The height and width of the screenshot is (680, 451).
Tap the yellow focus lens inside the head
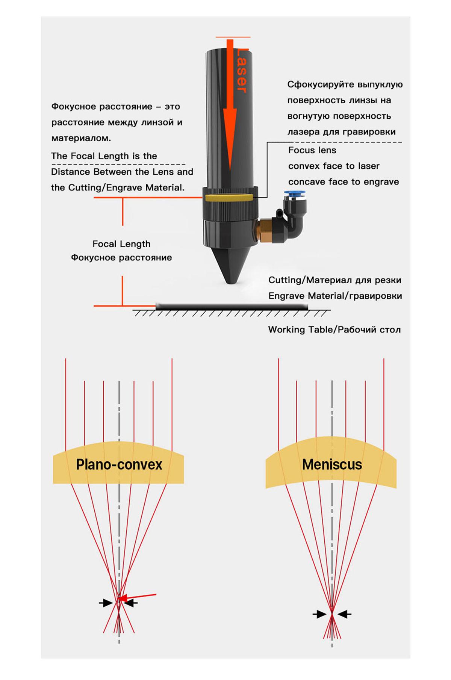(228, 198)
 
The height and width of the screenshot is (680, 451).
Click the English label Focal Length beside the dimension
(121, 244)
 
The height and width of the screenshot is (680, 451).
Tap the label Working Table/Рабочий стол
(334, 330)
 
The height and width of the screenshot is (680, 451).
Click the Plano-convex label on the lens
(119, 465)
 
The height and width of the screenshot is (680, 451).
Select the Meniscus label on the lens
(332, 465)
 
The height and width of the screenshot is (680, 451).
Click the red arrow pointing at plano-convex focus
(139, 596)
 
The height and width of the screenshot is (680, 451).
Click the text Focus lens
(312, 150)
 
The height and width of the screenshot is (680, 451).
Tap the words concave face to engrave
(343, 182)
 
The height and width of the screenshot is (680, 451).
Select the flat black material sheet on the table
(232, 307)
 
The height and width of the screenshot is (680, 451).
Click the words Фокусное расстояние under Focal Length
(121, 258)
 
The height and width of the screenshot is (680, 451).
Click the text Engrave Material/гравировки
(335, 296)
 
